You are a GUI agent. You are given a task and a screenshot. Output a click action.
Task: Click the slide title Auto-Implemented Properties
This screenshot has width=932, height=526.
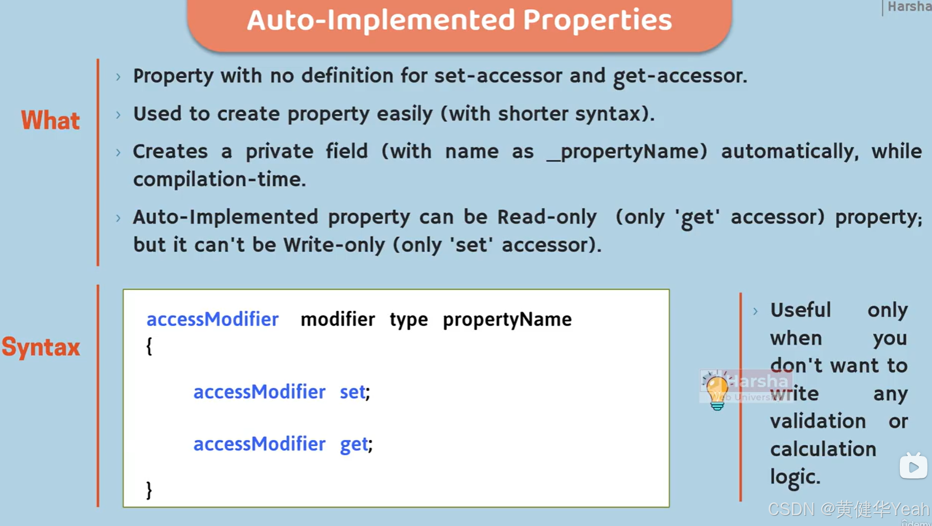[459, 20]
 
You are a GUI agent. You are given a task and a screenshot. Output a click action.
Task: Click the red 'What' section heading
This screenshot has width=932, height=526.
[50, 121]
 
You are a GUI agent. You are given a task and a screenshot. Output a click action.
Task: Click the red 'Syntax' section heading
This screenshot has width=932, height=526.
[41, 348]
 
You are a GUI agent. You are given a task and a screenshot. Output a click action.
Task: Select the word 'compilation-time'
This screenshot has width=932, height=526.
[219, 180]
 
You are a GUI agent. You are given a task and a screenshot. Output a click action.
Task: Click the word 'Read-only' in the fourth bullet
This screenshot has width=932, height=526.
[547, 217]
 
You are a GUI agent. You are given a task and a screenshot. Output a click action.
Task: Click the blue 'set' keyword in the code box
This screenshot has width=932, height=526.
[353, 392]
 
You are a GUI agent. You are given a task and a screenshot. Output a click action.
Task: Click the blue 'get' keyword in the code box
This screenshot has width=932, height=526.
[354, 444]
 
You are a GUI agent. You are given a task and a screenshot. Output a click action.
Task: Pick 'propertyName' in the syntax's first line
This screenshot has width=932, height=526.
[507, 319]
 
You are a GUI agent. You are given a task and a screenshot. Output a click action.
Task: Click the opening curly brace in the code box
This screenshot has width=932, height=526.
[149, 346]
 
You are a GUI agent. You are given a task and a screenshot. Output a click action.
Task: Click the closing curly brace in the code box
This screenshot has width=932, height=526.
[149, 490]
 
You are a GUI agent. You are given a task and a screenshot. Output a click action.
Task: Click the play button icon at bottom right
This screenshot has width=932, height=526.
[913, 466]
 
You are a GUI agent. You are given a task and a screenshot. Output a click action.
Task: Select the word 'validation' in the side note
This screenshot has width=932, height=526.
[818, 422]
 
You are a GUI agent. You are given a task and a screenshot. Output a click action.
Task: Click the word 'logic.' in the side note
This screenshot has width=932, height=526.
[795, 477]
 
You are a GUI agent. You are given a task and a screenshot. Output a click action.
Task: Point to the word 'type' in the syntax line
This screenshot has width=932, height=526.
[409, 319]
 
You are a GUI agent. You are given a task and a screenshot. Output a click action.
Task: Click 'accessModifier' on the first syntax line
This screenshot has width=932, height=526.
[213, 319]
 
